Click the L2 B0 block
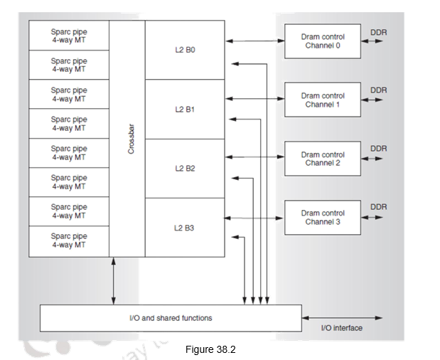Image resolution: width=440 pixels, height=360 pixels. pos(185,50)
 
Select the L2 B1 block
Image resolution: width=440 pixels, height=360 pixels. pos(185,110)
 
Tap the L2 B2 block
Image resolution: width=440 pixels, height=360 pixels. pos(185,169)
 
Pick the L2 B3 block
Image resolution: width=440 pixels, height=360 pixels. pos(185,228)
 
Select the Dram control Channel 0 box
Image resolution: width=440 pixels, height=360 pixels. pos(322,41)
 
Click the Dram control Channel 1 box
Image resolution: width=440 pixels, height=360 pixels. pos(322,100)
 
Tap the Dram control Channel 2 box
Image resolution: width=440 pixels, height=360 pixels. pos(322,159)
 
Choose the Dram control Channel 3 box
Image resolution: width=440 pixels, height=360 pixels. pos(322,217)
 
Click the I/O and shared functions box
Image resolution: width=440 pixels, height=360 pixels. pos(171,318)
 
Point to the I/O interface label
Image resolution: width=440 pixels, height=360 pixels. pos(342,328)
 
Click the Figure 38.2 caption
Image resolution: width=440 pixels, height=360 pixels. pos(210,349)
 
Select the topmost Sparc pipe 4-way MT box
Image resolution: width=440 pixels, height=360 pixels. pos(69,36)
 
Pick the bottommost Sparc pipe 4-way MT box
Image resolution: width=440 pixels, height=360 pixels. pos(69,240)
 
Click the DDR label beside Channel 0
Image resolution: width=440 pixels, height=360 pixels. pos(378,32)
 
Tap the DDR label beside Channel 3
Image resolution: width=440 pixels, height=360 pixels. pos(378,207)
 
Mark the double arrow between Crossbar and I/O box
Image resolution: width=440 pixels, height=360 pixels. pos(114,280)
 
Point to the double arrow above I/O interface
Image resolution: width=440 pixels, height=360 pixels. pos(342,318)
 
